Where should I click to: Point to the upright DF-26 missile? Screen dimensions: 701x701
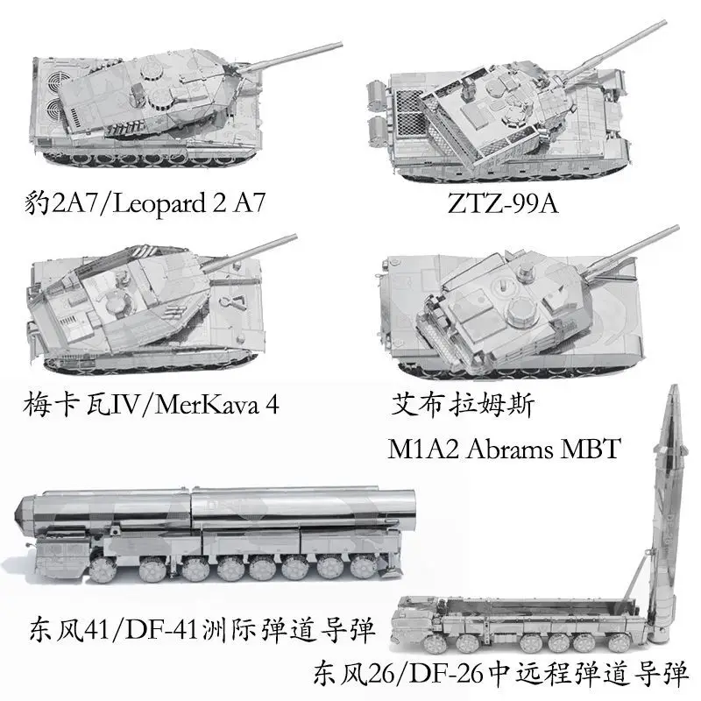coord(669,508)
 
